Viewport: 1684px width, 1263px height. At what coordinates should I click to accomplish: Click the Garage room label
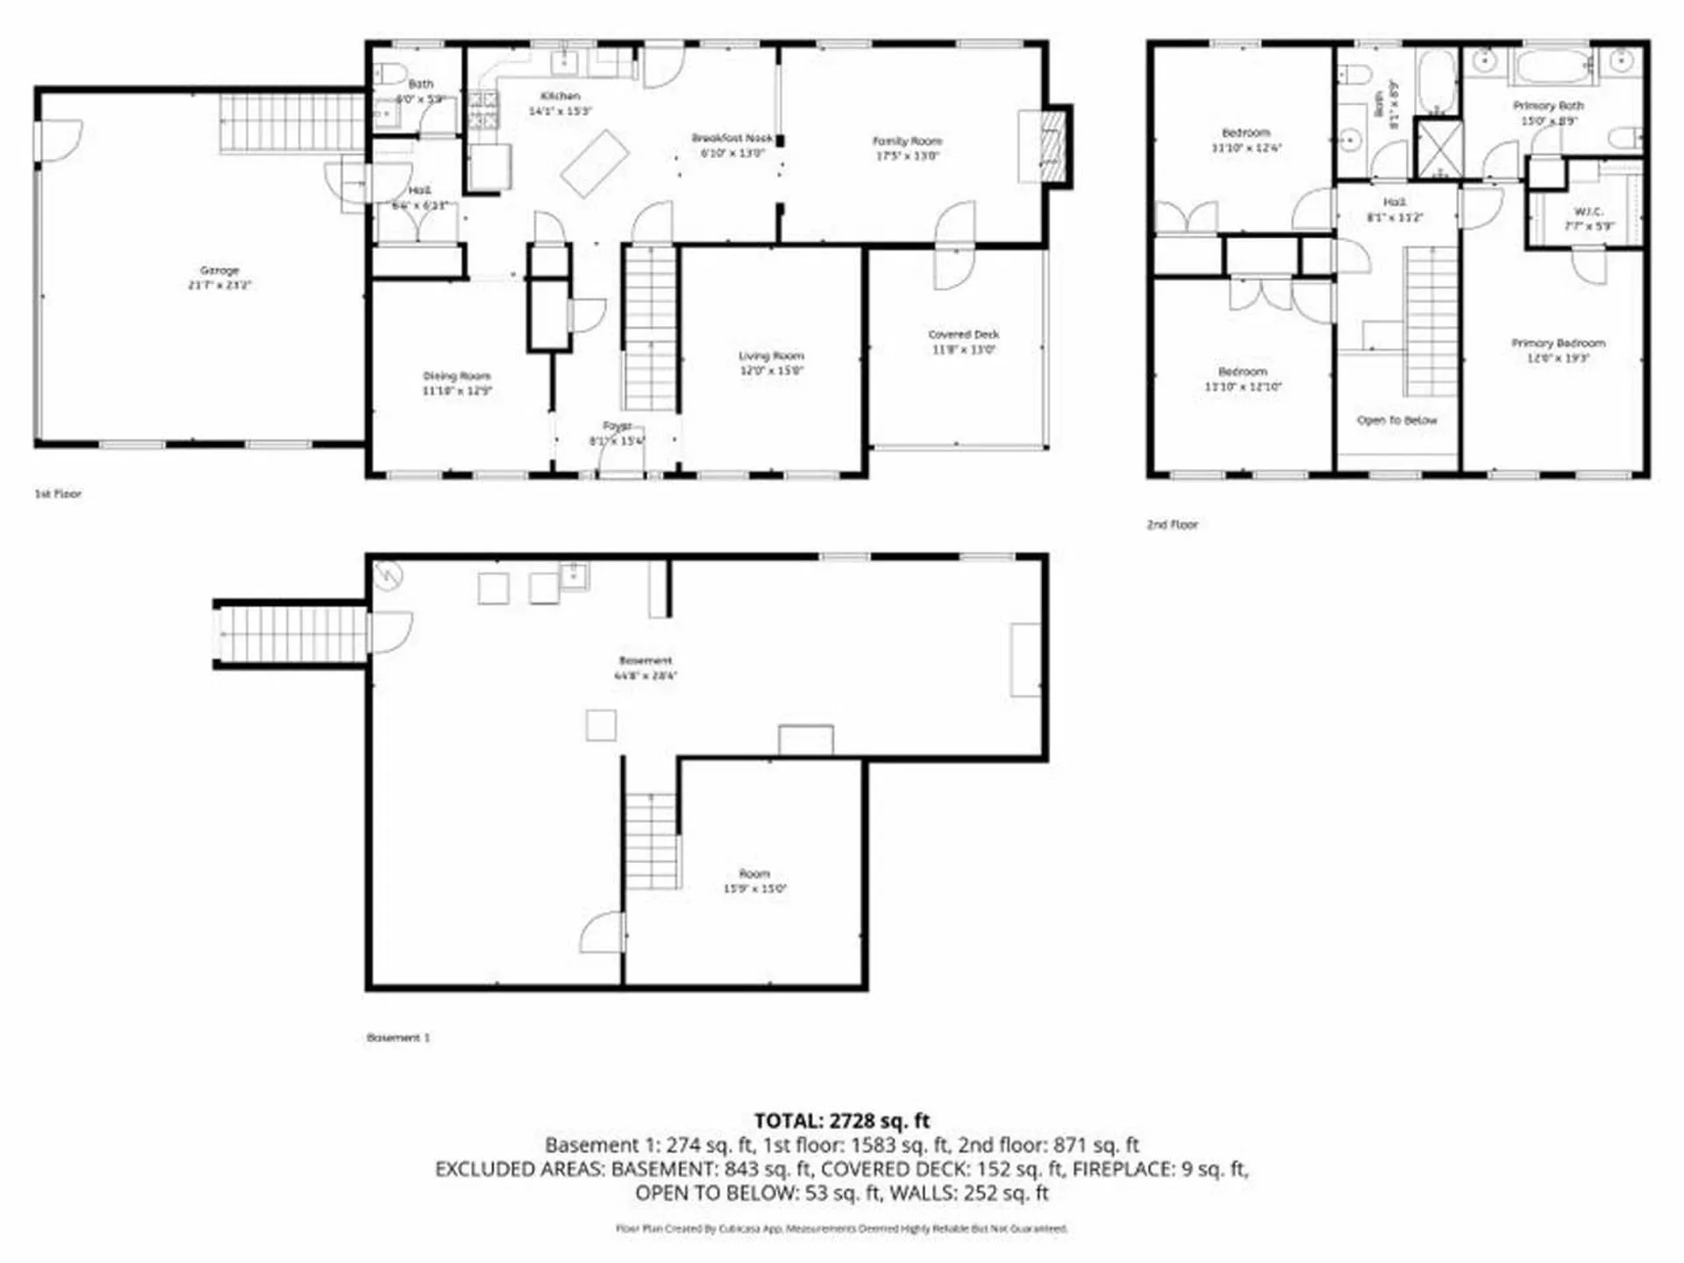pos(218,270)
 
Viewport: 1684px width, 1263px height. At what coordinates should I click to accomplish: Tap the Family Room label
pos(907,140)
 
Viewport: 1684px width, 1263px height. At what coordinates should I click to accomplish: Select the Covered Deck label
pos(963,334)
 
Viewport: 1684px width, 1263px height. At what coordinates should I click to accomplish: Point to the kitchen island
pos(595,163)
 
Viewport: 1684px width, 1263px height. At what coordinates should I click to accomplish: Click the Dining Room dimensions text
pos(457,391)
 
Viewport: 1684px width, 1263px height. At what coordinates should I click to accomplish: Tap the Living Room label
pos(771,355)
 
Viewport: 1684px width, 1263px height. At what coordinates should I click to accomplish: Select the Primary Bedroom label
pos(1558,343)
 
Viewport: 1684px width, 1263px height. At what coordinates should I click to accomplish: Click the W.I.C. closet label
pos(1588,211)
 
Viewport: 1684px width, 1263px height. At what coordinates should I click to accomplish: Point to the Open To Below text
pos(1396,420)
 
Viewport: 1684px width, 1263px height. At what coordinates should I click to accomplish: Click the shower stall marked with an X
pos(1439,147)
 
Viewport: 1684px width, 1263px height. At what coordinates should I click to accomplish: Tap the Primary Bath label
pos(1548,105)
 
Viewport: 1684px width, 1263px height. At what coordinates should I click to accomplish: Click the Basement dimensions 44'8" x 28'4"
pos(646,675)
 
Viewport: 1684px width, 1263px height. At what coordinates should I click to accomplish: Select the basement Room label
pos(754,874)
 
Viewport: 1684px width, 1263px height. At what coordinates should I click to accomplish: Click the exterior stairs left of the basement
pos(291,633)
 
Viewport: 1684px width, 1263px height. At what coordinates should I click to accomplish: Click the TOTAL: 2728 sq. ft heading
pos(841,1121)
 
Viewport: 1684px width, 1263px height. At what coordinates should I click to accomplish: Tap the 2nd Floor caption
pos(1172,524)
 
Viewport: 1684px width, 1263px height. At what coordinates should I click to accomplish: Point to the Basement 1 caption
pos(398,1038)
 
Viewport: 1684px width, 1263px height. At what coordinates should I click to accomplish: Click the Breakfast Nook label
pos(731,138)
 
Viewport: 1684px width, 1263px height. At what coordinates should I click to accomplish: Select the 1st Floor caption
pos(58,494)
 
